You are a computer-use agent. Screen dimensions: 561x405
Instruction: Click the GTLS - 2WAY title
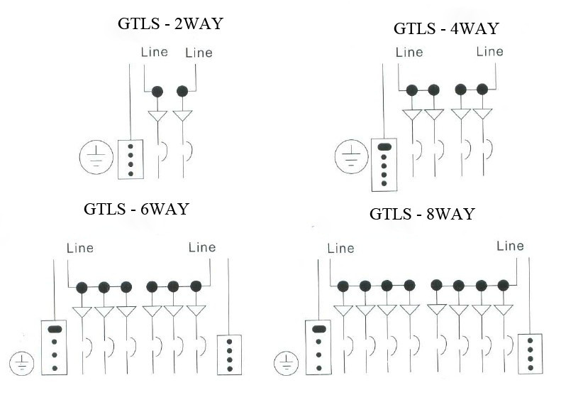click(x=170, y=23)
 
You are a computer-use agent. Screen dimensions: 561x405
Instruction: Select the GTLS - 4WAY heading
click(x=446, y=28)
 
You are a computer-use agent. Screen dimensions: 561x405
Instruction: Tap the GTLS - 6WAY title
click(x=136, y=209)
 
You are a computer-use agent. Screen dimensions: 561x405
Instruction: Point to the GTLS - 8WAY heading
click(x=422, y=214)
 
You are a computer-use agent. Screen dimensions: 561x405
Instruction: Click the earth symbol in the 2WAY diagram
click(x=96, y=157)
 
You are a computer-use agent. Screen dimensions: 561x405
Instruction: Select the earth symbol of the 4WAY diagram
click(x=351, y=156)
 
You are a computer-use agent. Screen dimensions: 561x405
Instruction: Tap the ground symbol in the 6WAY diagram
click(x=22, y=363)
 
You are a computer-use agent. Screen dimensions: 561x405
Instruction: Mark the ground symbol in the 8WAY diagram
click(x=286, y=363)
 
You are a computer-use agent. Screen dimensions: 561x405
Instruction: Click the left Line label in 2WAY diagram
click(x=154, y=52)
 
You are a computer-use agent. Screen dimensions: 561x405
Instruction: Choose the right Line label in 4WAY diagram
click(x=489, y=52)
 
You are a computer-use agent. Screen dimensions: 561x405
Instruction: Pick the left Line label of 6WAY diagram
click(x=80, y=248)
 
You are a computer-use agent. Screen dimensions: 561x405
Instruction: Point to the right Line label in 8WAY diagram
click(x=510, y=246)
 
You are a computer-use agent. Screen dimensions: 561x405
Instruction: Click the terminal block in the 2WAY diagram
click(x=130, y=159)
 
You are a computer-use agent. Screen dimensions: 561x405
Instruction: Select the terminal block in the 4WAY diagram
click(x=384, y=165)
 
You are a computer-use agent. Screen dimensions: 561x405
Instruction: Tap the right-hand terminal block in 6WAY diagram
click(x=229, y=355)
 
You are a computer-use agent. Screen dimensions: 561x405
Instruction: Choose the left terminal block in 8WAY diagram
click(x=318, y=347)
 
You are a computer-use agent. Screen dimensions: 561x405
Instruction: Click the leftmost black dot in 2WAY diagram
click(x=157, y=92)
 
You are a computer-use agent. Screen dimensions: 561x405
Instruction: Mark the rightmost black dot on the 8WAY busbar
click(x=503, y=286)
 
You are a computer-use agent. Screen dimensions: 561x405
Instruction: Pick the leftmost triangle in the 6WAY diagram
click(x=82, y=312)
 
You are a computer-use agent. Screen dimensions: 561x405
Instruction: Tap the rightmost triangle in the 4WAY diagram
click(x=483, y=114)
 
